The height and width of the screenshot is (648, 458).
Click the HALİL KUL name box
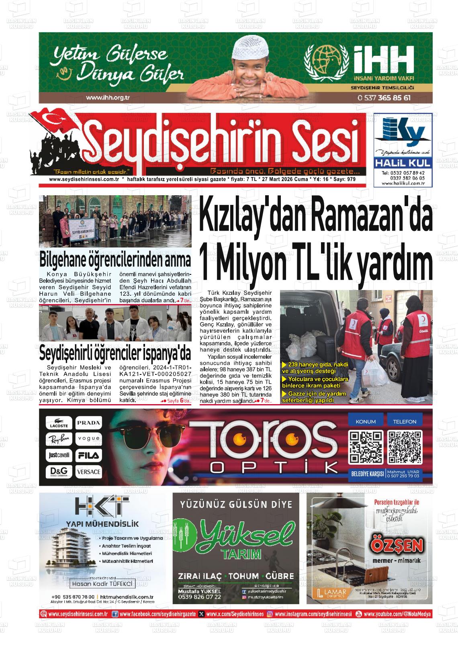tap(403, 163)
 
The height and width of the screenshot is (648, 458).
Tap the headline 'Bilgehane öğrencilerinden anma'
tap(115, 260)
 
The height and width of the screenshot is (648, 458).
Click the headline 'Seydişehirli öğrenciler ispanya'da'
tap(115, 354)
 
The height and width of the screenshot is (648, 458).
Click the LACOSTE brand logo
tap(59, 423)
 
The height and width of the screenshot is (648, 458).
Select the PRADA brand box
tap(88, 423)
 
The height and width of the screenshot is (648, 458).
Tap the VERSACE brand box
tap(88, 471)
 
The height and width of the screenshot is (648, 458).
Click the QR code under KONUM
tap(366, 446)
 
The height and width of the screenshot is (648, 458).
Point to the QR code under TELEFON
tap(405, 446)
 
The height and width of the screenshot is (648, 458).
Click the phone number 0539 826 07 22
tap(199, 597)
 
